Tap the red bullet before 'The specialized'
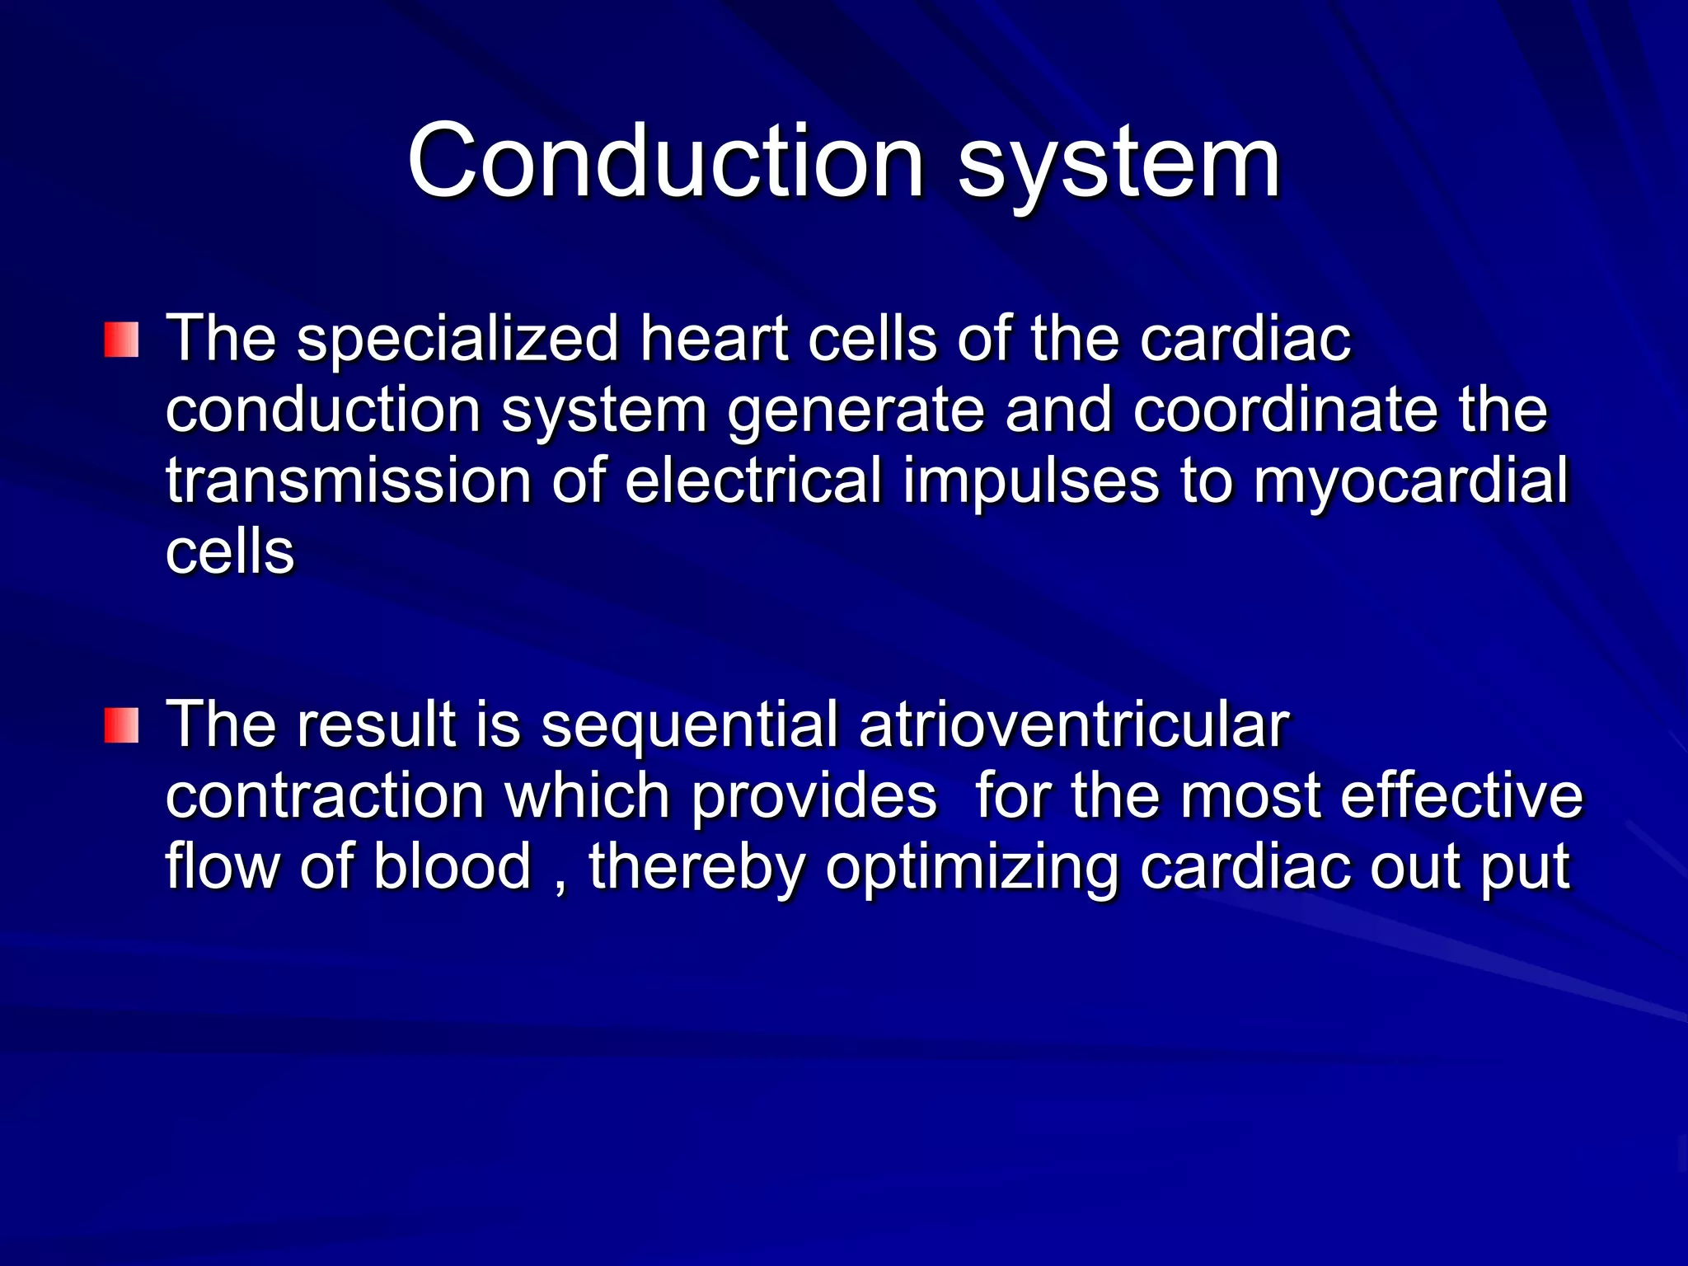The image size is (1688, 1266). coord(121,340)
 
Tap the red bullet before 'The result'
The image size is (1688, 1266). coord(121,725)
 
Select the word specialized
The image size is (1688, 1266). coord(457,339)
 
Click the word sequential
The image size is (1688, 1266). coord(689,725)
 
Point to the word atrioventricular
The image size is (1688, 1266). coord(1073,725)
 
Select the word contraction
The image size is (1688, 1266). coord(325,796)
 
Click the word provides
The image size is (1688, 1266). coord(814,796)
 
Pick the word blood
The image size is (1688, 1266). coord(452,867)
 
